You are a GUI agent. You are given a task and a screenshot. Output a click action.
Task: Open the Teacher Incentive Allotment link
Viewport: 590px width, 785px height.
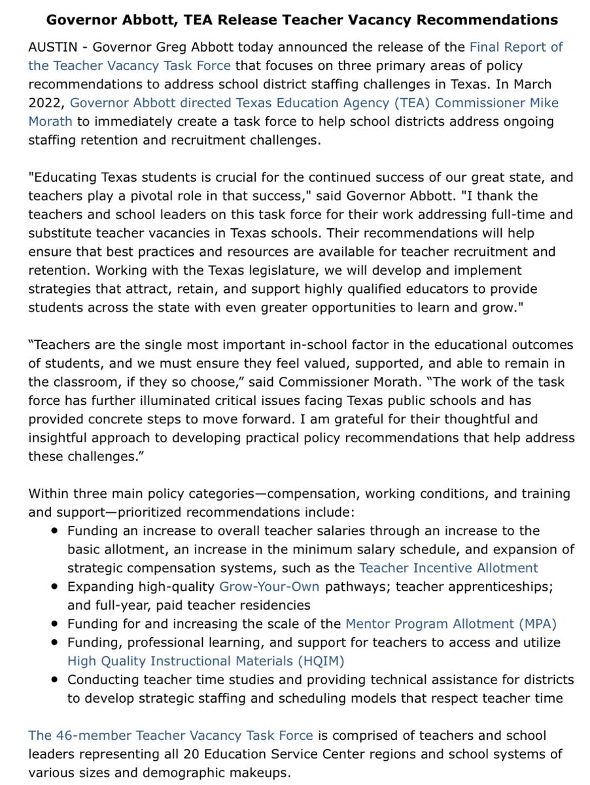pyautogui.click(x=449, y=568)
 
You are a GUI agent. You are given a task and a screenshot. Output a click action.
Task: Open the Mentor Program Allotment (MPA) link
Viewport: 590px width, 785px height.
pyautogui.click(x=451, y=623)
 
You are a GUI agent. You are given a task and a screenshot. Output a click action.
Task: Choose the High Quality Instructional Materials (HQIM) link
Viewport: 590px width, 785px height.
pyautogui.click(x=205, y=661)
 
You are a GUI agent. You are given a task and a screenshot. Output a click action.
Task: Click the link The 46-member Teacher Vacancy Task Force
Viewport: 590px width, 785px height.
pyautogui.click(x=170, y=735)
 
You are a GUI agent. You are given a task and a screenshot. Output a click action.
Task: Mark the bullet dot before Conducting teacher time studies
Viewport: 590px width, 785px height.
pyautogui.click(x=55, y=680)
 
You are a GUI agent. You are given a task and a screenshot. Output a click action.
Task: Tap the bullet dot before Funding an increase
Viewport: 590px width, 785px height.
pyautogui.click(x=55, y=531)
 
